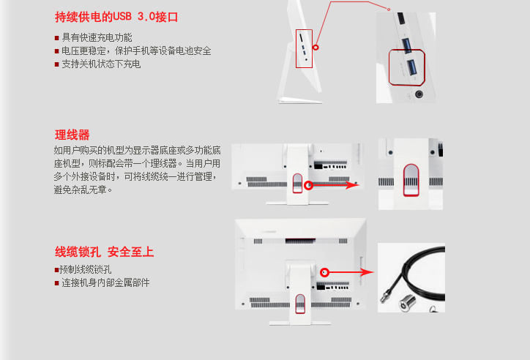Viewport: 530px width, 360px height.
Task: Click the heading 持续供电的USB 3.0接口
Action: (x=116, y=17)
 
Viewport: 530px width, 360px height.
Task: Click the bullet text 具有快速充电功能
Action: (x=97, y=37)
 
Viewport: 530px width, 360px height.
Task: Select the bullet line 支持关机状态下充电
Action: (x=101, y=64)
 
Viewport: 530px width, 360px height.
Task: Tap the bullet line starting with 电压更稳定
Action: (x=136, y=50)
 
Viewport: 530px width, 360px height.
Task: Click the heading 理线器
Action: (x=72, y=135)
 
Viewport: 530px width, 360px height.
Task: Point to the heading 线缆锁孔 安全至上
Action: (x=104, y=252)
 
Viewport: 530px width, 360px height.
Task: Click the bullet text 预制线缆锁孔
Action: (x=85, y=269)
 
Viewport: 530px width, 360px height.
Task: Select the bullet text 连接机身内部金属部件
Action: (x=105, y=282)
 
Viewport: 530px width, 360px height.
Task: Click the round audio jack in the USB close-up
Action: (x=419, y=94)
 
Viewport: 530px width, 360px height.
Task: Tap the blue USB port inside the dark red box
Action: (x=411, y=67)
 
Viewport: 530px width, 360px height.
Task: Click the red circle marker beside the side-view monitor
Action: (x=316, y=48)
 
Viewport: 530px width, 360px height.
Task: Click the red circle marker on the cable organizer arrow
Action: (x=308, y=185)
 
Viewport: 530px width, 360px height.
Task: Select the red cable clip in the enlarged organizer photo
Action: (x=411, y=180)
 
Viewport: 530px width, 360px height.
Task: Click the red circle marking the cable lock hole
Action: (x=324, y=272)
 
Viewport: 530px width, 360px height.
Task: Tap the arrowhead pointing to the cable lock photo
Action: (x=367, y=272)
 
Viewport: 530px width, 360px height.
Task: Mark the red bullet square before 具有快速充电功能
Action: (x=57, y=38)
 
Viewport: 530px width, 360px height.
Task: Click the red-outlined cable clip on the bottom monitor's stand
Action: (x=300, y=303)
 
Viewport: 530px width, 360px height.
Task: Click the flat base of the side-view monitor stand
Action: (x=299, y=100)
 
